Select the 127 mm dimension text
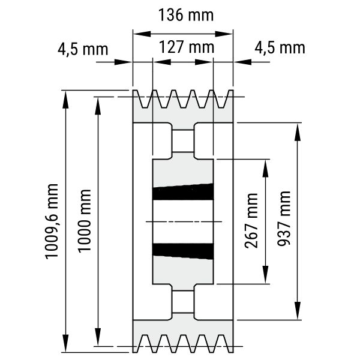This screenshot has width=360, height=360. [184, 46]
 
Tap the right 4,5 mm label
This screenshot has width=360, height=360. [280, 47]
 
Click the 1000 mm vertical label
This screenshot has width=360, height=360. [85, 221]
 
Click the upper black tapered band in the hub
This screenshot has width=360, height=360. [183, 192]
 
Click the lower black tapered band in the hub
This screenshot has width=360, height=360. [183, 251]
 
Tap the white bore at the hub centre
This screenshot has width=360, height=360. [183, 222]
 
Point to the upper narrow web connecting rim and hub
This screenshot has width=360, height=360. [183, 142]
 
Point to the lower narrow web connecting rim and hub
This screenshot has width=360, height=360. [183, 302]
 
